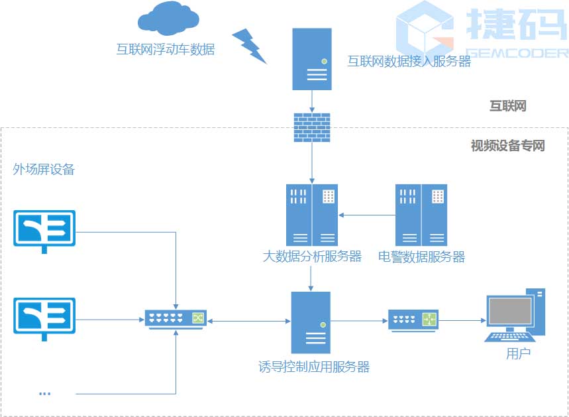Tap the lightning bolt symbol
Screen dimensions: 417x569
[x=249, y=45]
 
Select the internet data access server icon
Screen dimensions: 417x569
[x=312, y=58]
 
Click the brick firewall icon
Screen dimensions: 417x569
[x=312, y=126]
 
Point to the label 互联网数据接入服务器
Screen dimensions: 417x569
[x=409, y=62]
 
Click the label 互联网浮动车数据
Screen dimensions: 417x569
[x=166, y=49]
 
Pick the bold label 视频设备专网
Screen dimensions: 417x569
[x=507, y=146]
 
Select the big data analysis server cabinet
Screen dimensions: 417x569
[x=312, y=215]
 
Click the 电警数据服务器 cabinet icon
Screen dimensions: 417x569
[x=421, y=215]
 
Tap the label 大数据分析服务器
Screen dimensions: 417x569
[x=312, y=257]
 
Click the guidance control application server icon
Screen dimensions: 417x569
[x=311, y=322]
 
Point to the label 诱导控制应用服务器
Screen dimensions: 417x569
[x=314, y=367]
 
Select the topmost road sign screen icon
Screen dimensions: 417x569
[x=45, y=229]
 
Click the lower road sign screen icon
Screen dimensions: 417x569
[x=45, y=316]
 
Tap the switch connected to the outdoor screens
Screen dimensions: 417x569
[x=176, y=319]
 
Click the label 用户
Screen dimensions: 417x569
[x=518, y=353]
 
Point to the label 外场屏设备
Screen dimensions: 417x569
[x=44, y=170]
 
